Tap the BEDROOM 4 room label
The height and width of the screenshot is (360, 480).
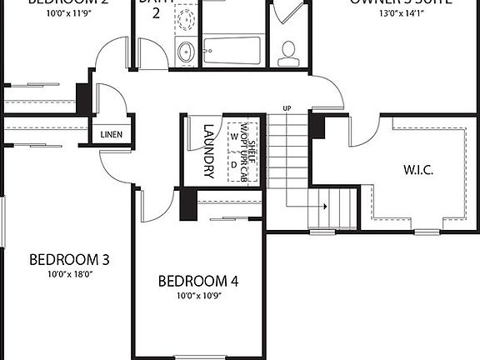[198, 281]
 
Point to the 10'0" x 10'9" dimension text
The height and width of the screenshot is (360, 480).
[198, 295]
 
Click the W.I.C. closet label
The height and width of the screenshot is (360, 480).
[418, 169]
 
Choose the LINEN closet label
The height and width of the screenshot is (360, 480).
[112, 134]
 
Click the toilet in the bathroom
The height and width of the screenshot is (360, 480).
[289, 52]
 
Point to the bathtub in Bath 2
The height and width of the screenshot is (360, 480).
[232, 52]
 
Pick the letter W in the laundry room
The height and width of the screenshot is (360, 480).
[234, 135]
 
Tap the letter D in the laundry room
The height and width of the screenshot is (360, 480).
[234, 163]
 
